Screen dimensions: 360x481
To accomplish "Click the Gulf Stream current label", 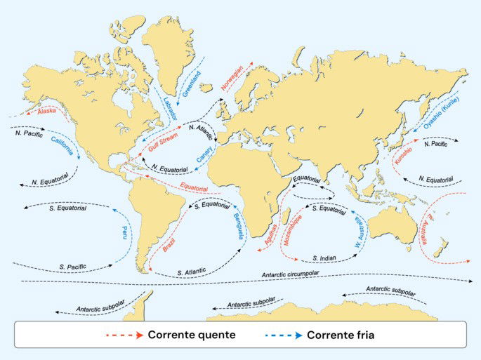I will point(162,146).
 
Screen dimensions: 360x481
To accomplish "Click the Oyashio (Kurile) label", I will point(441,112).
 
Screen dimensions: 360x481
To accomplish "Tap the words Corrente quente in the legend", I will point(191,335).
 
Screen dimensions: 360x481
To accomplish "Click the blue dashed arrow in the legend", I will point(284,335).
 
